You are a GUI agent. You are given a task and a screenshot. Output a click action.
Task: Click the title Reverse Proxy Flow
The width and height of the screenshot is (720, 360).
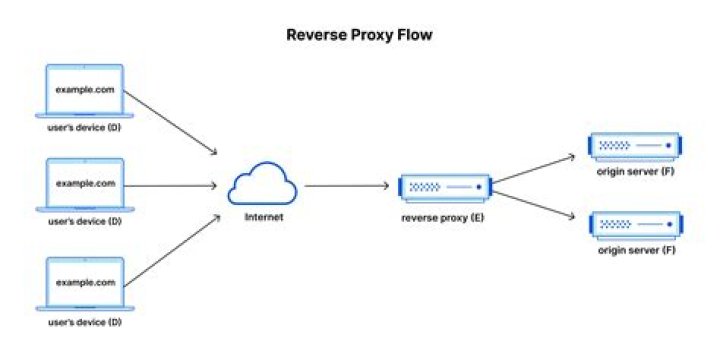[360, 35]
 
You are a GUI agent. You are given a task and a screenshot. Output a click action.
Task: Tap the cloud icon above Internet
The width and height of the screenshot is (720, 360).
[262, 186]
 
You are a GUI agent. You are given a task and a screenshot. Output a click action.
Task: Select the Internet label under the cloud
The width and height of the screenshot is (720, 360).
[262, 217]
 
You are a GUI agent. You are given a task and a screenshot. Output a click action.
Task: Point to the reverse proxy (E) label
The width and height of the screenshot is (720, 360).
[443, 217]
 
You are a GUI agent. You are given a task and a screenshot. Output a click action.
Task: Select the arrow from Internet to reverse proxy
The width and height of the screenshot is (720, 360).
[345, 186]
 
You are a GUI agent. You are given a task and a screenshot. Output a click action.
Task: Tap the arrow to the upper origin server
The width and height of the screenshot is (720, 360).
[535, 169]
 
